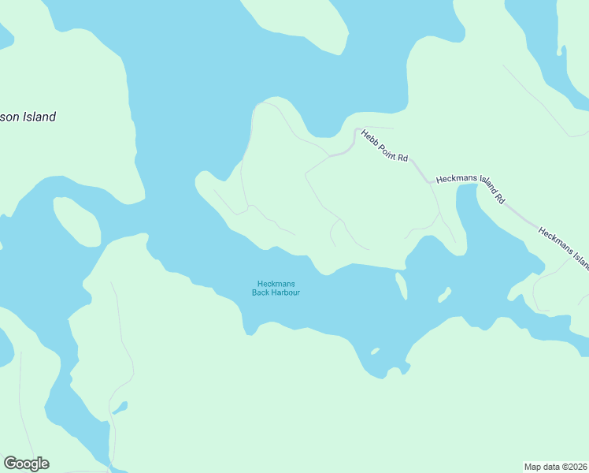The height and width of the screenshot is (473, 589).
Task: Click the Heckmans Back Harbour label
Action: [276, 289]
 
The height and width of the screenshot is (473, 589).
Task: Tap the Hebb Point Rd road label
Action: [384, 146]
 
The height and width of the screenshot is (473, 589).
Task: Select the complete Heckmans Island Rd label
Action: [470, 189]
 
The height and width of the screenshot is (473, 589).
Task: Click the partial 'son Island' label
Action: [28, 117]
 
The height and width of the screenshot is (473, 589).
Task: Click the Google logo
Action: [26, 464]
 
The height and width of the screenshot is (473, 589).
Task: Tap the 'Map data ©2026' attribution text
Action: [555, 466]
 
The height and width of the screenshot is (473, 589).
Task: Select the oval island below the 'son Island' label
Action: [76, 222]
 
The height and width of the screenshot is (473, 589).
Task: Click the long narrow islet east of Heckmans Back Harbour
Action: [402, 285]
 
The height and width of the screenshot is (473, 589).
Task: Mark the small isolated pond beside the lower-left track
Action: [120, 408]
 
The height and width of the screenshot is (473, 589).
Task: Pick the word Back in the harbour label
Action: [261, 293]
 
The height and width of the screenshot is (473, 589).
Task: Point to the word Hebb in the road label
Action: [369, 136]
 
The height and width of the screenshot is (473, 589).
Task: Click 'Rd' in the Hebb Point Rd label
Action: [402, 158]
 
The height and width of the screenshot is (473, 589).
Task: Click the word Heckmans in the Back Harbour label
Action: [276, 284]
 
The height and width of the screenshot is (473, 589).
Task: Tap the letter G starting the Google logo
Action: [10, 463]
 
